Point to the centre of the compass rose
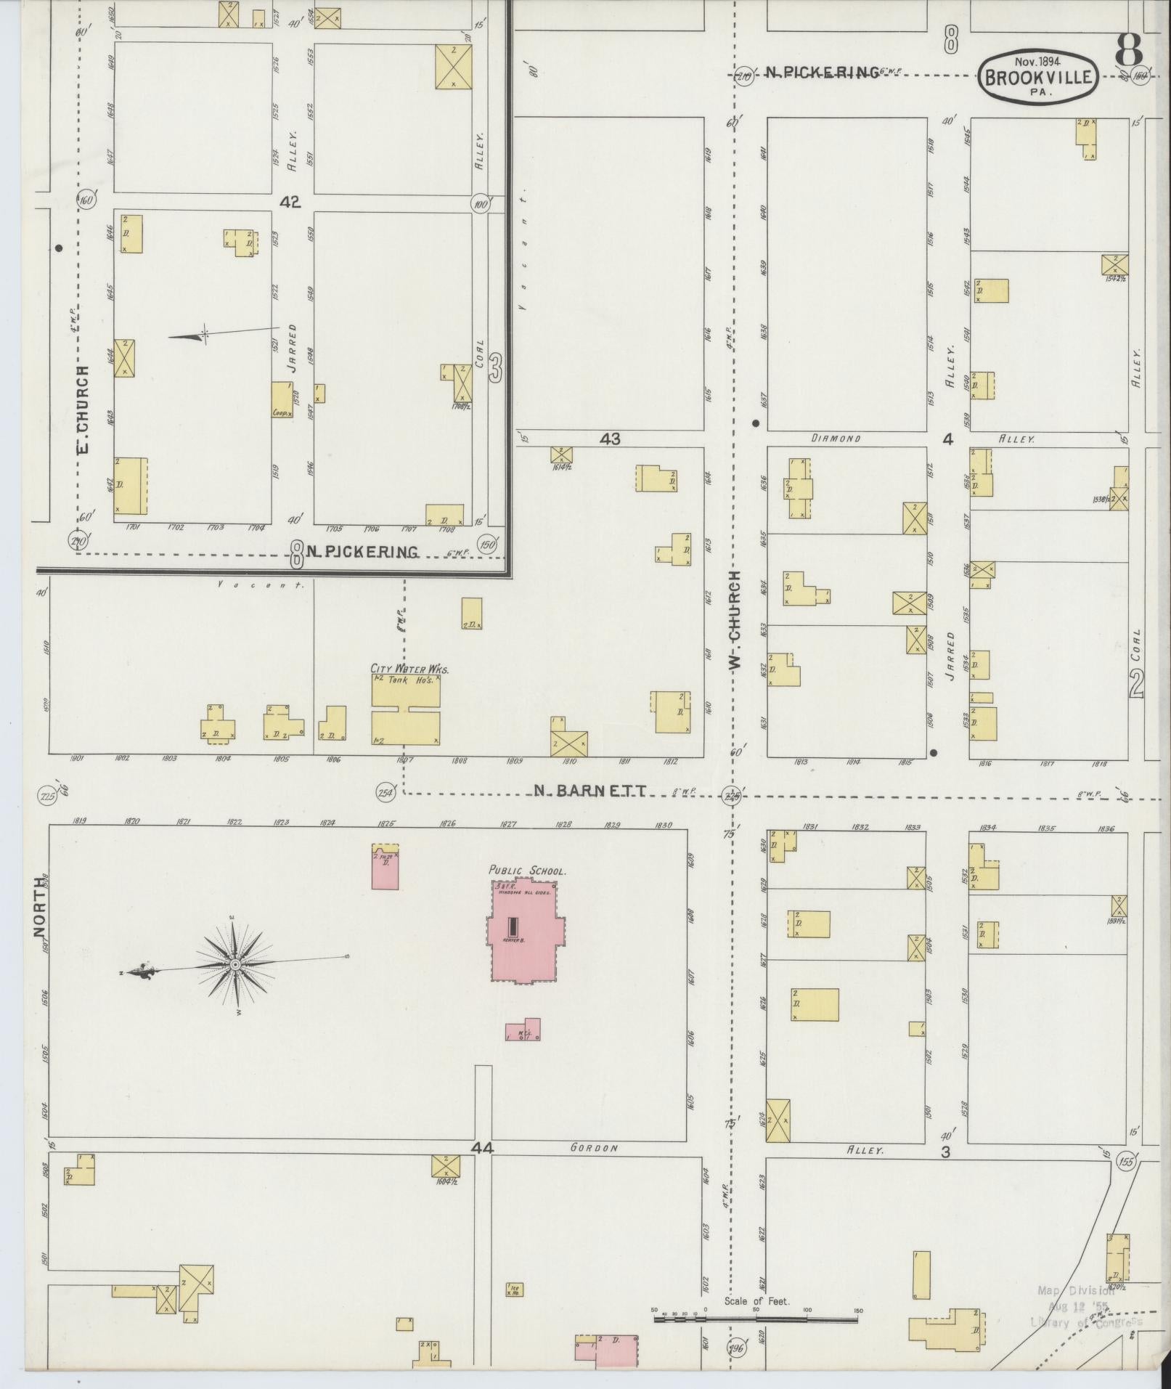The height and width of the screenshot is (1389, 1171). click(235, 964)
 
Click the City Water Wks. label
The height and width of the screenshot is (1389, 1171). click(409, 669)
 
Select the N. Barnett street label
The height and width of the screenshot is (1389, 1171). click(589, 791)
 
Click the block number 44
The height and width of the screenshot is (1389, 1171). click(482, 1148)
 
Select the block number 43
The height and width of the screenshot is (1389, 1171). click(611, 439)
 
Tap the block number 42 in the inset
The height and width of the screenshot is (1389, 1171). click(290, 202)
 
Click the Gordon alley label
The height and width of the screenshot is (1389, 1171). click(593, 1148)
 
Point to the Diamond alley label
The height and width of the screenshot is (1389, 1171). click(836, 439)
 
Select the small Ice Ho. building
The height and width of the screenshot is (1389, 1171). click(514, 1290)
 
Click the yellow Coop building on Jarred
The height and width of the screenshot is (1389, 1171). click(282, 400)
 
